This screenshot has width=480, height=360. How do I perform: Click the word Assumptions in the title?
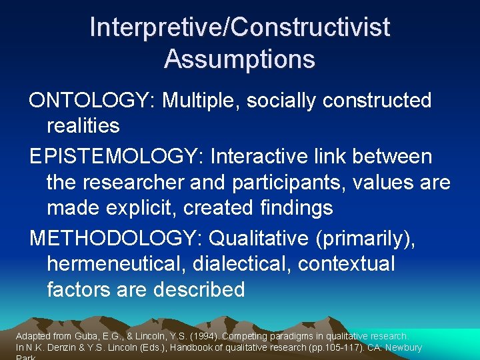pyautogui.click(x=239, y=59)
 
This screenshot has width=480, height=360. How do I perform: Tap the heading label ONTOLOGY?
pyautogui.click(x=93, y=101)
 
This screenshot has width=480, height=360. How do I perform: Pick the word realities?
pyautogui.click(x=83, y=125)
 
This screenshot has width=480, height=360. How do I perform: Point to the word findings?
pyautogui.click(x=294, y=207)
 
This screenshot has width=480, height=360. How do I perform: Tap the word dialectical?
pyautogui.click(x=242, y=264)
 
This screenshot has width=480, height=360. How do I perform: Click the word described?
pyautogui.click(x=199, y=289)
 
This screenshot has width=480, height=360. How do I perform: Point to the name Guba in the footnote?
pyautogui.click(x=97, y=337)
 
